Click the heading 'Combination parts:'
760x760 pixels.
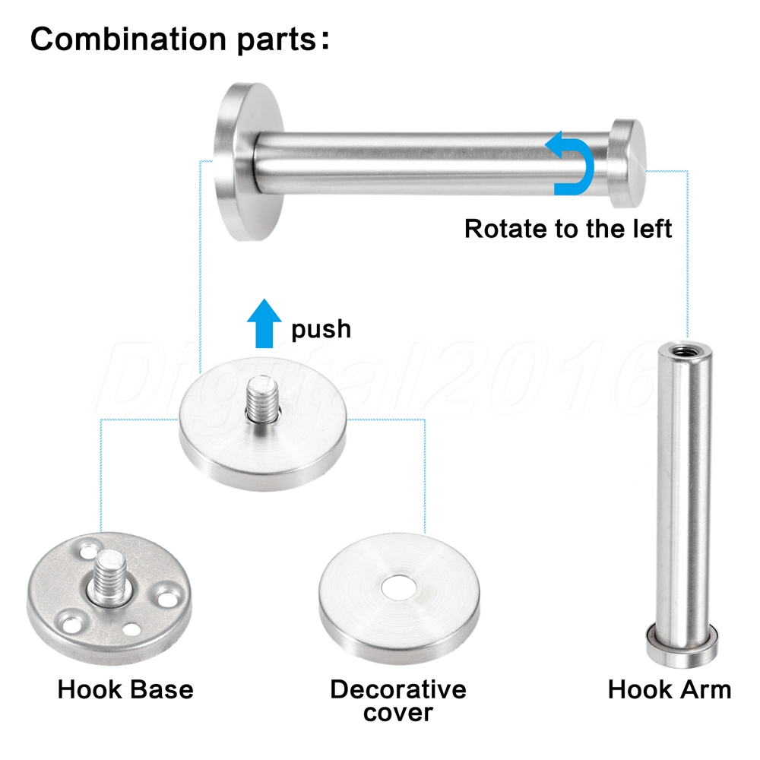click(180, 40)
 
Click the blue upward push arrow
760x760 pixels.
click(264, 323)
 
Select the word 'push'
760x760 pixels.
click(321, 330)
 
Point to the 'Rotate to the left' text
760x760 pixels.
click(568, 228)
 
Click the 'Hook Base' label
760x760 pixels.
click(125, 689)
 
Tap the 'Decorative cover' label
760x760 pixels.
click(398, 701)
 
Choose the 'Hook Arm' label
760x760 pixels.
click(670, 689)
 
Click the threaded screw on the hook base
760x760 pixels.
click(110, 577)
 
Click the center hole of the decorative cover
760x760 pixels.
click(398, 588)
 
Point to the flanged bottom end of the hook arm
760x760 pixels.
click(682, 646)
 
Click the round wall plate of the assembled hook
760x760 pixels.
click(249, 161)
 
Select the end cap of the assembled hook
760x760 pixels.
click(627, 163)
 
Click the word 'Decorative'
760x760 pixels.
click(398, 689)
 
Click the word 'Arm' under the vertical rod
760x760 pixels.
click(706, 689)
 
